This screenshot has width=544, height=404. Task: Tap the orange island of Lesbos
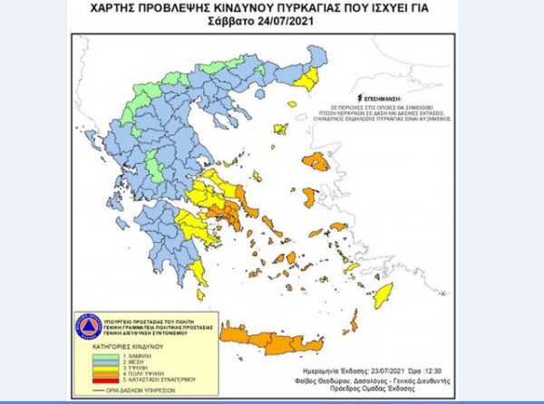tap(316, 162)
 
